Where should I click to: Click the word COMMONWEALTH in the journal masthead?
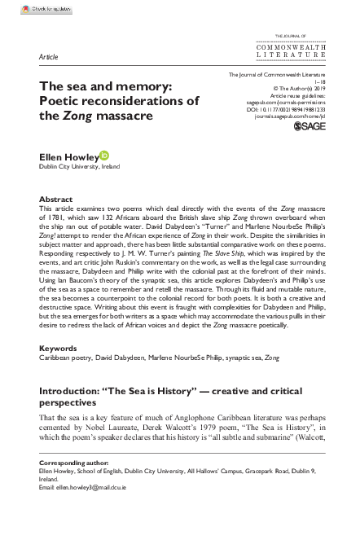tap(291, 48)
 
